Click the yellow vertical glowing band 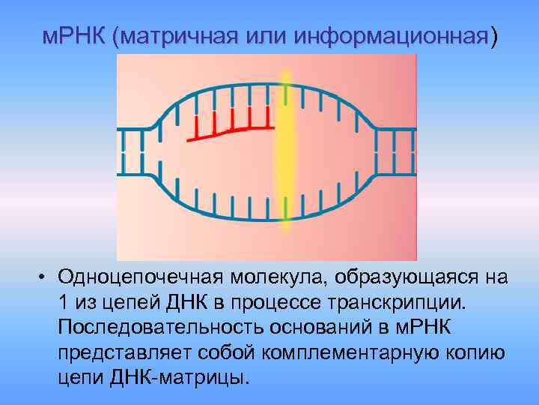click(284, 157)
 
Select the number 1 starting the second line click(62, 302)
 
